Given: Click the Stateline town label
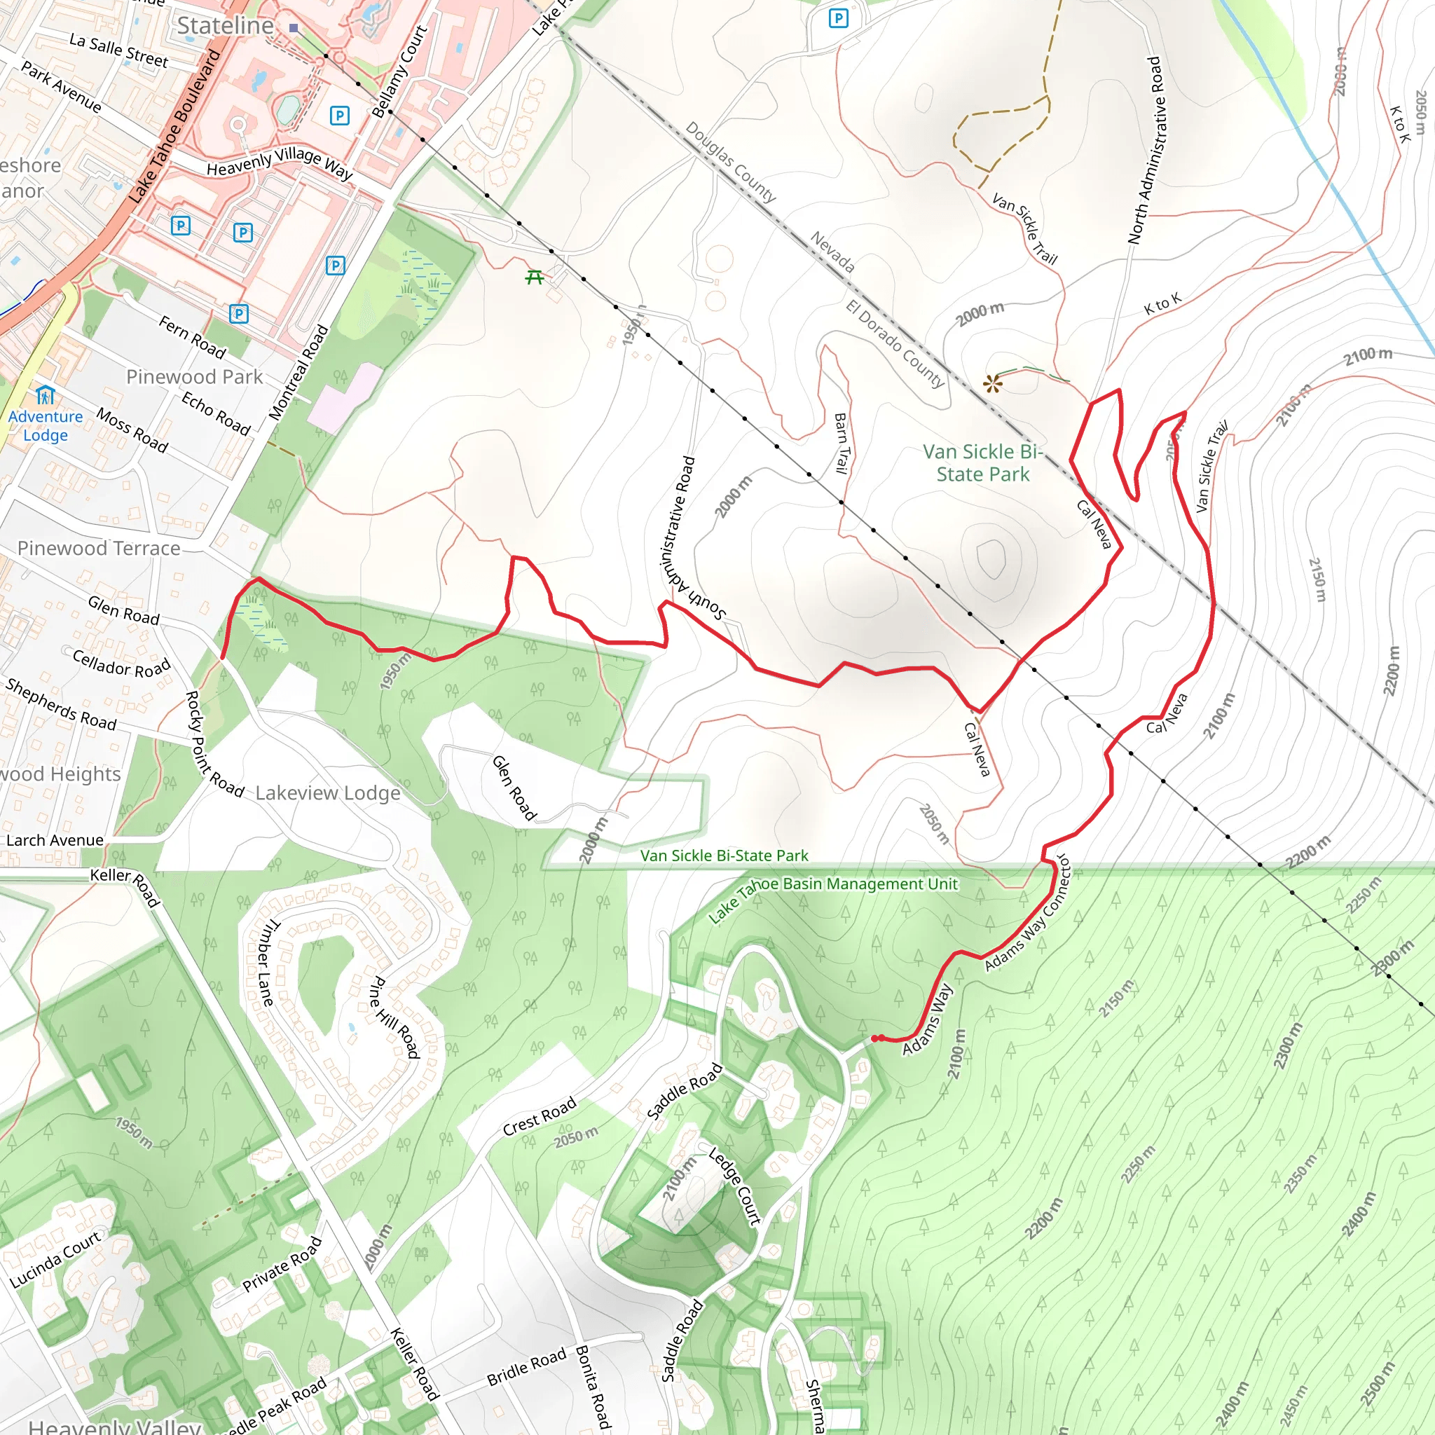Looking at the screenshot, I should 225,25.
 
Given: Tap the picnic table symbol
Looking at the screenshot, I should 534,277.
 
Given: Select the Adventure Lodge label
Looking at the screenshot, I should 46,425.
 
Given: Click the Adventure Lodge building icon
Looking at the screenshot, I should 46,394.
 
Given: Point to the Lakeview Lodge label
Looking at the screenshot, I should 327,792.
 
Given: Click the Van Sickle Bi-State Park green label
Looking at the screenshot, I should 982,462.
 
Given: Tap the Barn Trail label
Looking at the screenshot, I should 842,444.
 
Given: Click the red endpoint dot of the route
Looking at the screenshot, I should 876,1038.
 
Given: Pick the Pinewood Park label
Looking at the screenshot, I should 195,376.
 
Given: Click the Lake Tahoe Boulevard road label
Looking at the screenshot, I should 174,126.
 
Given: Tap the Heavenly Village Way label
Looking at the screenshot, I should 280,163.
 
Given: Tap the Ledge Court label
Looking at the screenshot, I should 734,1186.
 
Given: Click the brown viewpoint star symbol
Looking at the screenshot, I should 992,384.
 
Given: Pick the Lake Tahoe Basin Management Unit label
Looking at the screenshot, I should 832,899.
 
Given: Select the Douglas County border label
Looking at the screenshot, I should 730,162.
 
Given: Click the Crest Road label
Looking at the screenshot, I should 540,1116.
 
